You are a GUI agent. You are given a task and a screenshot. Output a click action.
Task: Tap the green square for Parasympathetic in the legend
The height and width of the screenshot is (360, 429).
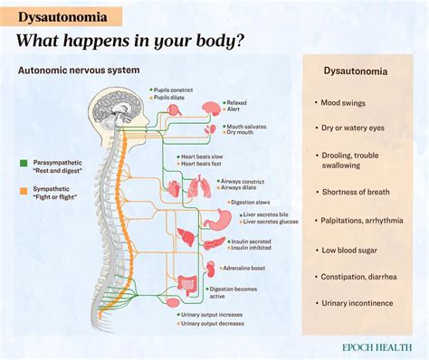coord(24,163)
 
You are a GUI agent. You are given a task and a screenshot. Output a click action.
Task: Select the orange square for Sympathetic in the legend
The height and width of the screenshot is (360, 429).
coord(24,191)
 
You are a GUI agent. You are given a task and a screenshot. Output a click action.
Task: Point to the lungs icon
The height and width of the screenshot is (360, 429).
coord(196,187)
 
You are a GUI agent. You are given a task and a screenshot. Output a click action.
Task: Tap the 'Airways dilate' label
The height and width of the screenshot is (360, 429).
coord(257,188)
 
